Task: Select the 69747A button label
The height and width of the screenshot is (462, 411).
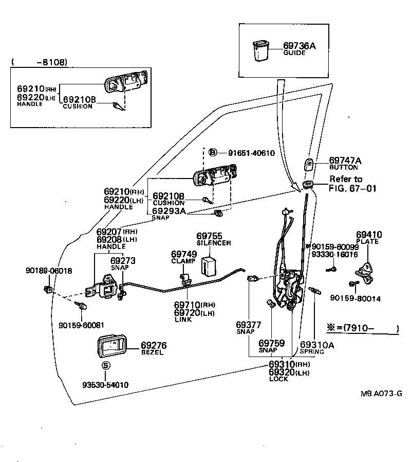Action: [345, 161]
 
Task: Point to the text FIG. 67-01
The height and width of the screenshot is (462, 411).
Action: [352, 188]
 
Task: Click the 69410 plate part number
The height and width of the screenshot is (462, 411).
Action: [369, 235]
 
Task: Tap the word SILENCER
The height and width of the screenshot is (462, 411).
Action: [214, 242]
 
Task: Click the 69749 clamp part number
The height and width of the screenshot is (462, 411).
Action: [183, 254]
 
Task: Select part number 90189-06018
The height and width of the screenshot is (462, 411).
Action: [49, 271]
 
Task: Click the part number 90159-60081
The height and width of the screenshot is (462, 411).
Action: [81, 325]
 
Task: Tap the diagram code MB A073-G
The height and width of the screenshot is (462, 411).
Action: [381, 394]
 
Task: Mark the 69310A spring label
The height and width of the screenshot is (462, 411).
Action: [316, 345]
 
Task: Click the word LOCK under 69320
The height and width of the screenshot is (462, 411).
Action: [278, 379]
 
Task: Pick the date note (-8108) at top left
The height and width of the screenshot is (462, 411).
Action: [39, 62]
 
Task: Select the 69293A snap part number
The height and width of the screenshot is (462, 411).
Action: [170, 211]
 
